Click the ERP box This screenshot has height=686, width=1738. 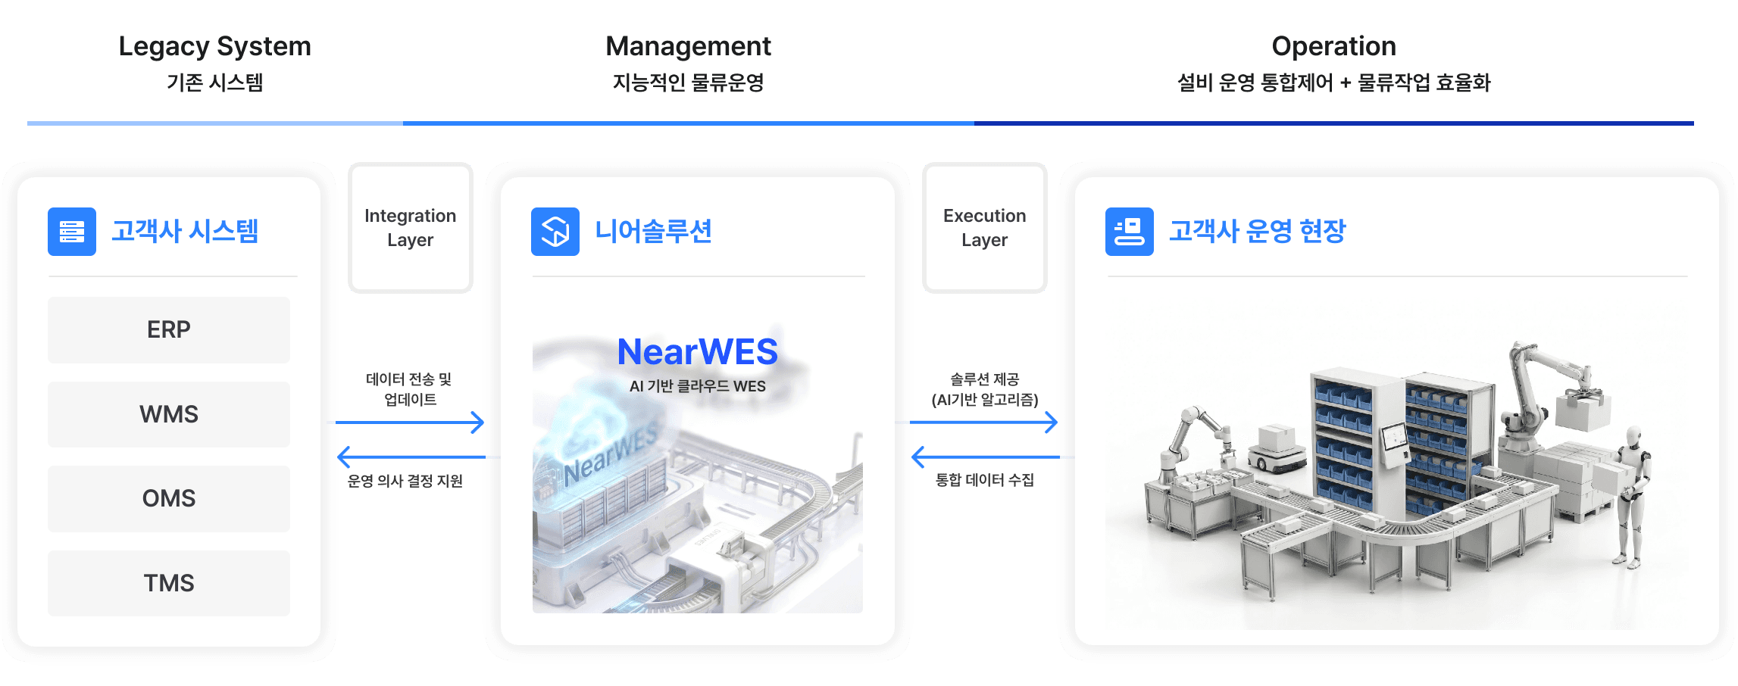point(169,330)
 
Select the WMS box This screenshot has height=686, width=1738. point(169,414)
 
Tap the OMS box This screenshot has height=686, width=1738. point(169,498)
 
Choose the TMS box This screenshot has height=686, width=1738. point(169,583)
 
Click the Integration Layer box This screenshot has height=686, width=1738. point(411,228)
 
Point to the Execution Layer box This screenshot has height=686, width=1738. point(984,228)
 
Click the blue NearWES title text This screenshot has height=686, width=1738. point(697,352)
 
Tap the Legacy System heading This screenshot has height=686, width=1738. point(214,47)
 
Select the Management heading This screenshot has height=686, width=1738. point(688,47)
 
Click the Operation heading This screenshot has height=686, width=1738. point(1333,47)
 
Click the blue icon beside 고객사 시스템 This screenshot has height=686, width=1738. point(72,232)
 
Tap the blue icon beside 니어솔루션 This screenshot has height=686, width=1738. point(555,232)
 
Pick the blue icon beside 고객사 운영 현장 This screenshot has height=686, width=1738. point(1129,232)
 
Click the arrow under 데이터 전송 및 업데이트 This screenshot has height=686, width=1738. point(409,423)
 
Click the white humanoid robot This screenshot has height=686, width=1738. point(1633,496)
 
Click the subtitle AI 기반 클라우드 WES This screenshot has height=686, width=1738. point(697,386)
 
